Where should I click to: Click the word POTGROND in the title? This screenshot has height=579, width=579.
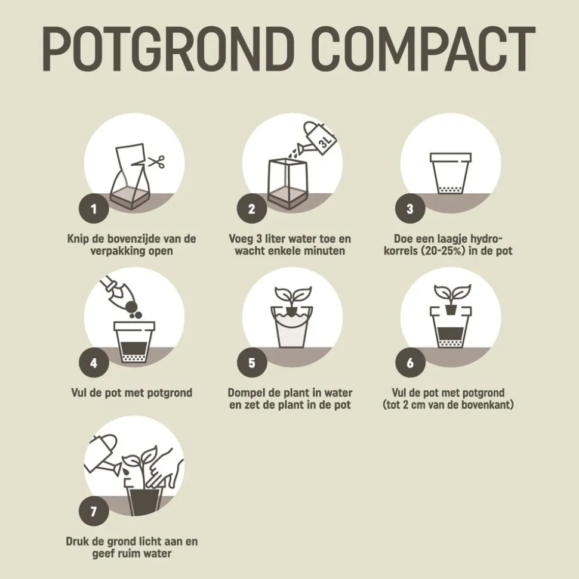point(168,48)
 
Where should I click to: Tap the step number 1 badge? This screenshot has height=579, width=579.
point(94,209)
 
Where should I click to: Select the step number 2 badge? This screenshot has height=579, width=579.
point(252,209)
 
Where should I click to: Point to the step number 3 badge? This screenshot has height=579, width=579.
point(410,209)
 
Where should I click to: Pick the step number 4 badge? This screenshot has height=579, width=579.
point(94,363)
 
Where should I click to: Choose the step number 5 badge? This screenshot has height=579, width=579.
point(252,363)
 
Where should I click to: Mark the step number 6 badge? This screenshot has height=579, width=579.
point(410,363)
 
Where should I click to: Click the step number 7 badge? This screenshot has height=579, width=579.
point(94,512)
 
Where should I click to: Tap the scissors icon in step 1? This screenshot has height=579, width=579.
point(156,162)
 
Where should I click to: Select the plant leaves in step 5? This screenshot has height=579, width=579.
point(293,295)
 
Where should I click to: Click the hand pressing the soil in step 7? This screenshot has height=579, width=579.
point(165,469)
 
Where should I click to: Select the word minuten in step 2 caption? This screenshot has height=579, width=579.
point(324,250)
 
